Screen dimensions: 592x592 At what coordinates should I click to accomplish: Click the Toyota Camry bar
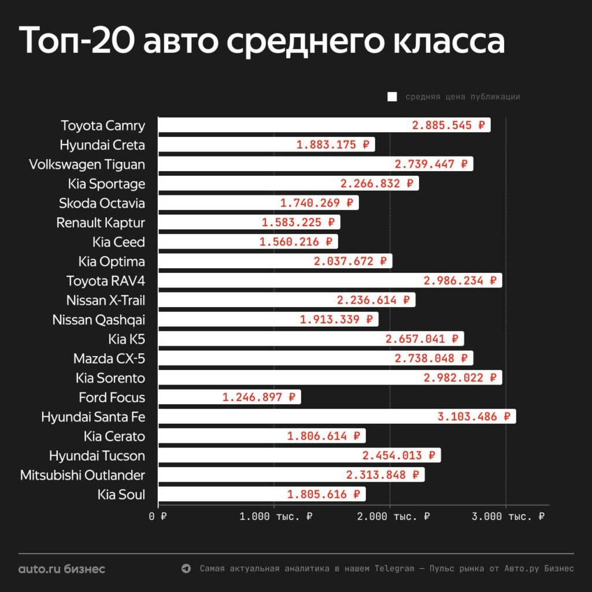(x=324, y=125)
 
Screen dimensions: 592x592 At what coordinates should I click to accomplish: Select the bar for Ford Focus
(x=229, y=397)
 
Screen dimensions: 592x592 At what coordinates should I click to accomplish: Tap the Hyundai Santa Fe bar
(x=336, y=416)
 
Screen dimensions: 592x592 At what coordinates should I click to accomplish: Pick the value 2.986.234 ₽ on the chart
(x=460, y=281)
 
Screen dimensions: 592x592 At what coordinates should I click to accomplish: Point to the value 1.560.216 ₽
(x=296, y=242)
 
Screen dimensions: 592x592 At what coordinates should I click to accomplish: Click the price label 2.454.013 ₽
(x=399, y=456)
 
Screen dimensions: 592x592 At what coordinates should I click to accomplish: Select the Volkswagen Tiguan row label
(x=87, y=164)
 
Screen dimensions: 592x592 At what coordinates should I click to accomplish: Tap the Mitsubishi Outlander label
(x=83, y=475)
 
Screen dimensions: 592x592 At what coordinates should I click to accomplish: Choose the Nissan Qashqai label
(x=99, y=320)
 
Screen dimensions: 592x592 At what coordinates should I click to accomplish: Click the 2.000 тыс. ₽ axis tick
(x=393, y=516)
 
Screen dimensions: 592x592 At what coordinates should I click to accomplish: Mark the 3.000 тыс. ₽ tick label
(x=508, y=516)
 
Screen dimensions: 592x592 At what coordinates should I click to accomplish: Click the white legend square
(x=392, y=97)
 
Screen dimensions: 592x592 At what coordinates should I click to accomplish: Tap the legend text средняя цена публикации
(x=462, y=97)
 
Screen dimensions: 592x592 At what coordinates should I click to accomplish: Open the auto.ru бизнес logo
(x=62, y=569)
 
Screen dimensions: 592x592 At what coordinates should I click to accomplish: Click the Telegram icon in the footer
(x=186, y=569)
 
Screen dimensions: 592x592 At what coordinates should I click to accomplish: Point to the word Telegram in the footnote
(x=394, y=569)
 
